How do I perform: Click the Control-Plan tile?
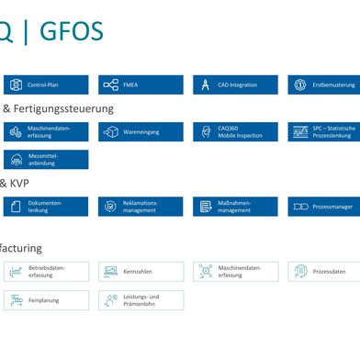pos(46,84)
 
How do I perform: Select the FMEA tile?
pos(141,84)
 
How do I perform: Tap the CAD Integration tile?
pos(235,84)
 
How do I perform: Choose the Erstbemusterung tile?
pos(323,84)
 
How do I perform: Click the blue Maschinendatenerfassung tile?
pos(46,132)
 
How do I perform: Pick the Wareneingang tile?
pos(141,132)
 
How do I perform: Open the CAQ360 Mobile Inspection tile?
pos(235,132)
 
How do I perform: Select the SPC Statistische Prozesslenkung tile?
pos(323,132)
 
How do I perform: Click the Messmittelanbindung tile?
pos(46,160)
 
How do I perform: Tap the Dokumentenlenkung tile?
pos(46,207)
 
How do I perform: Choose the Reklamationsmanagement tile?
pos(141,207)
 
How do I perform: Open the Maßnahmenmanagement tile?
pos(235,207)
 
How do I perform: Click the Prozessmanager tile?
pos(323,207)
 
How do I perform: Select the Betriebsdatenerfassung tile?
pos(46,272)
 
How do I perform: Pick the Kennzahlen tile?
pos(141,272)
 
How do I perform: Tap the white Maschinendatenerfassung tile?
pos(235,272)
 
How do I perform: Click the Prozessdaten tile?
pos(323,272)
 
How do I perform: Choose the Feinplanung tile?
pos(46,300)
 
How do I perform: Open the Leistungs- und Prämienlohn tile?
pos(141,300)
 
